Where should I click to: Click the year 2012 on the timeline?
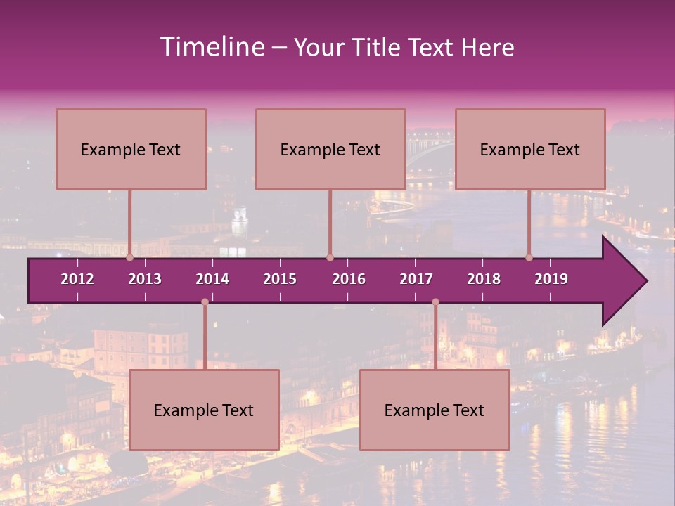(77, 279)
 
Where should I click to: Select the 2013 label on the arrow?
(145, 279)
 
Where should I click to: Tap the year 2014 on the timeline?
(212, 279)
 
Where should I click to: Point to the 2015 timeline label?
(280, 279)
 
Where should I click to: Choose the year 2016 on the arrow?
(349, 279)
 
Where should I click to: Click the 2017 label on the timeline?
(416, 279)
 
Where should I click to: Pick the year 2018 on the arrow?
(484, 279)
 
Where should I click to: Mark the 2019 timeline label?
(551, 279)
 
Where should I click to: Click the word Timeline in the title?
(211, 47)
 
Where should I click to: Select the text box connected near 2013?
(131, 149)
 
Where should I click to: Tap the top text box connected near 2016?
(330, 149)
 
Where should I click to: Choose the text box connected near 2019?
(530, 149)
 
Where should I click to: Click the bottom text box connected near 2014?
(204, 410)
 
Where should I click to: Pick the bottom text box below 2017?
(435, 410)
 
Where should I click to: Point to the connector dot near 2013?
(130, 258)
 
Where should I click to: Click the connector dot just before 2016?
(330, 258)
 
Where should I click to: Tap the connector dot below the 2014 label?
(205, 302)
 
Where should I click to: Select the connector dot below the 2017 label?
(435, 302)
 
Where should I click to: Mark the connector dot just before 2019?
(529, 258)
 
